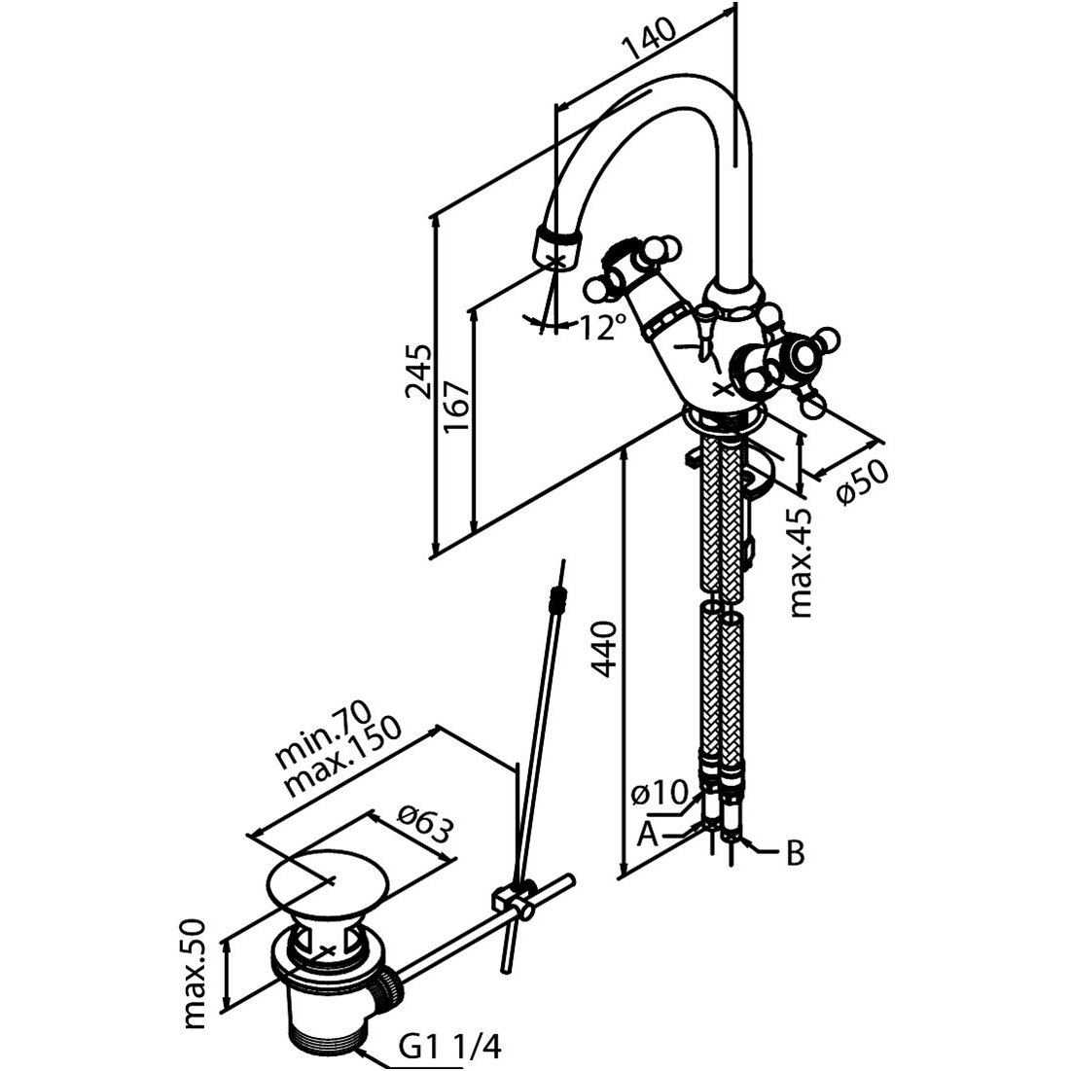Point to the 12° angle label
point(600,328)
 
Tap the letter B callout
point(794,854)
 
